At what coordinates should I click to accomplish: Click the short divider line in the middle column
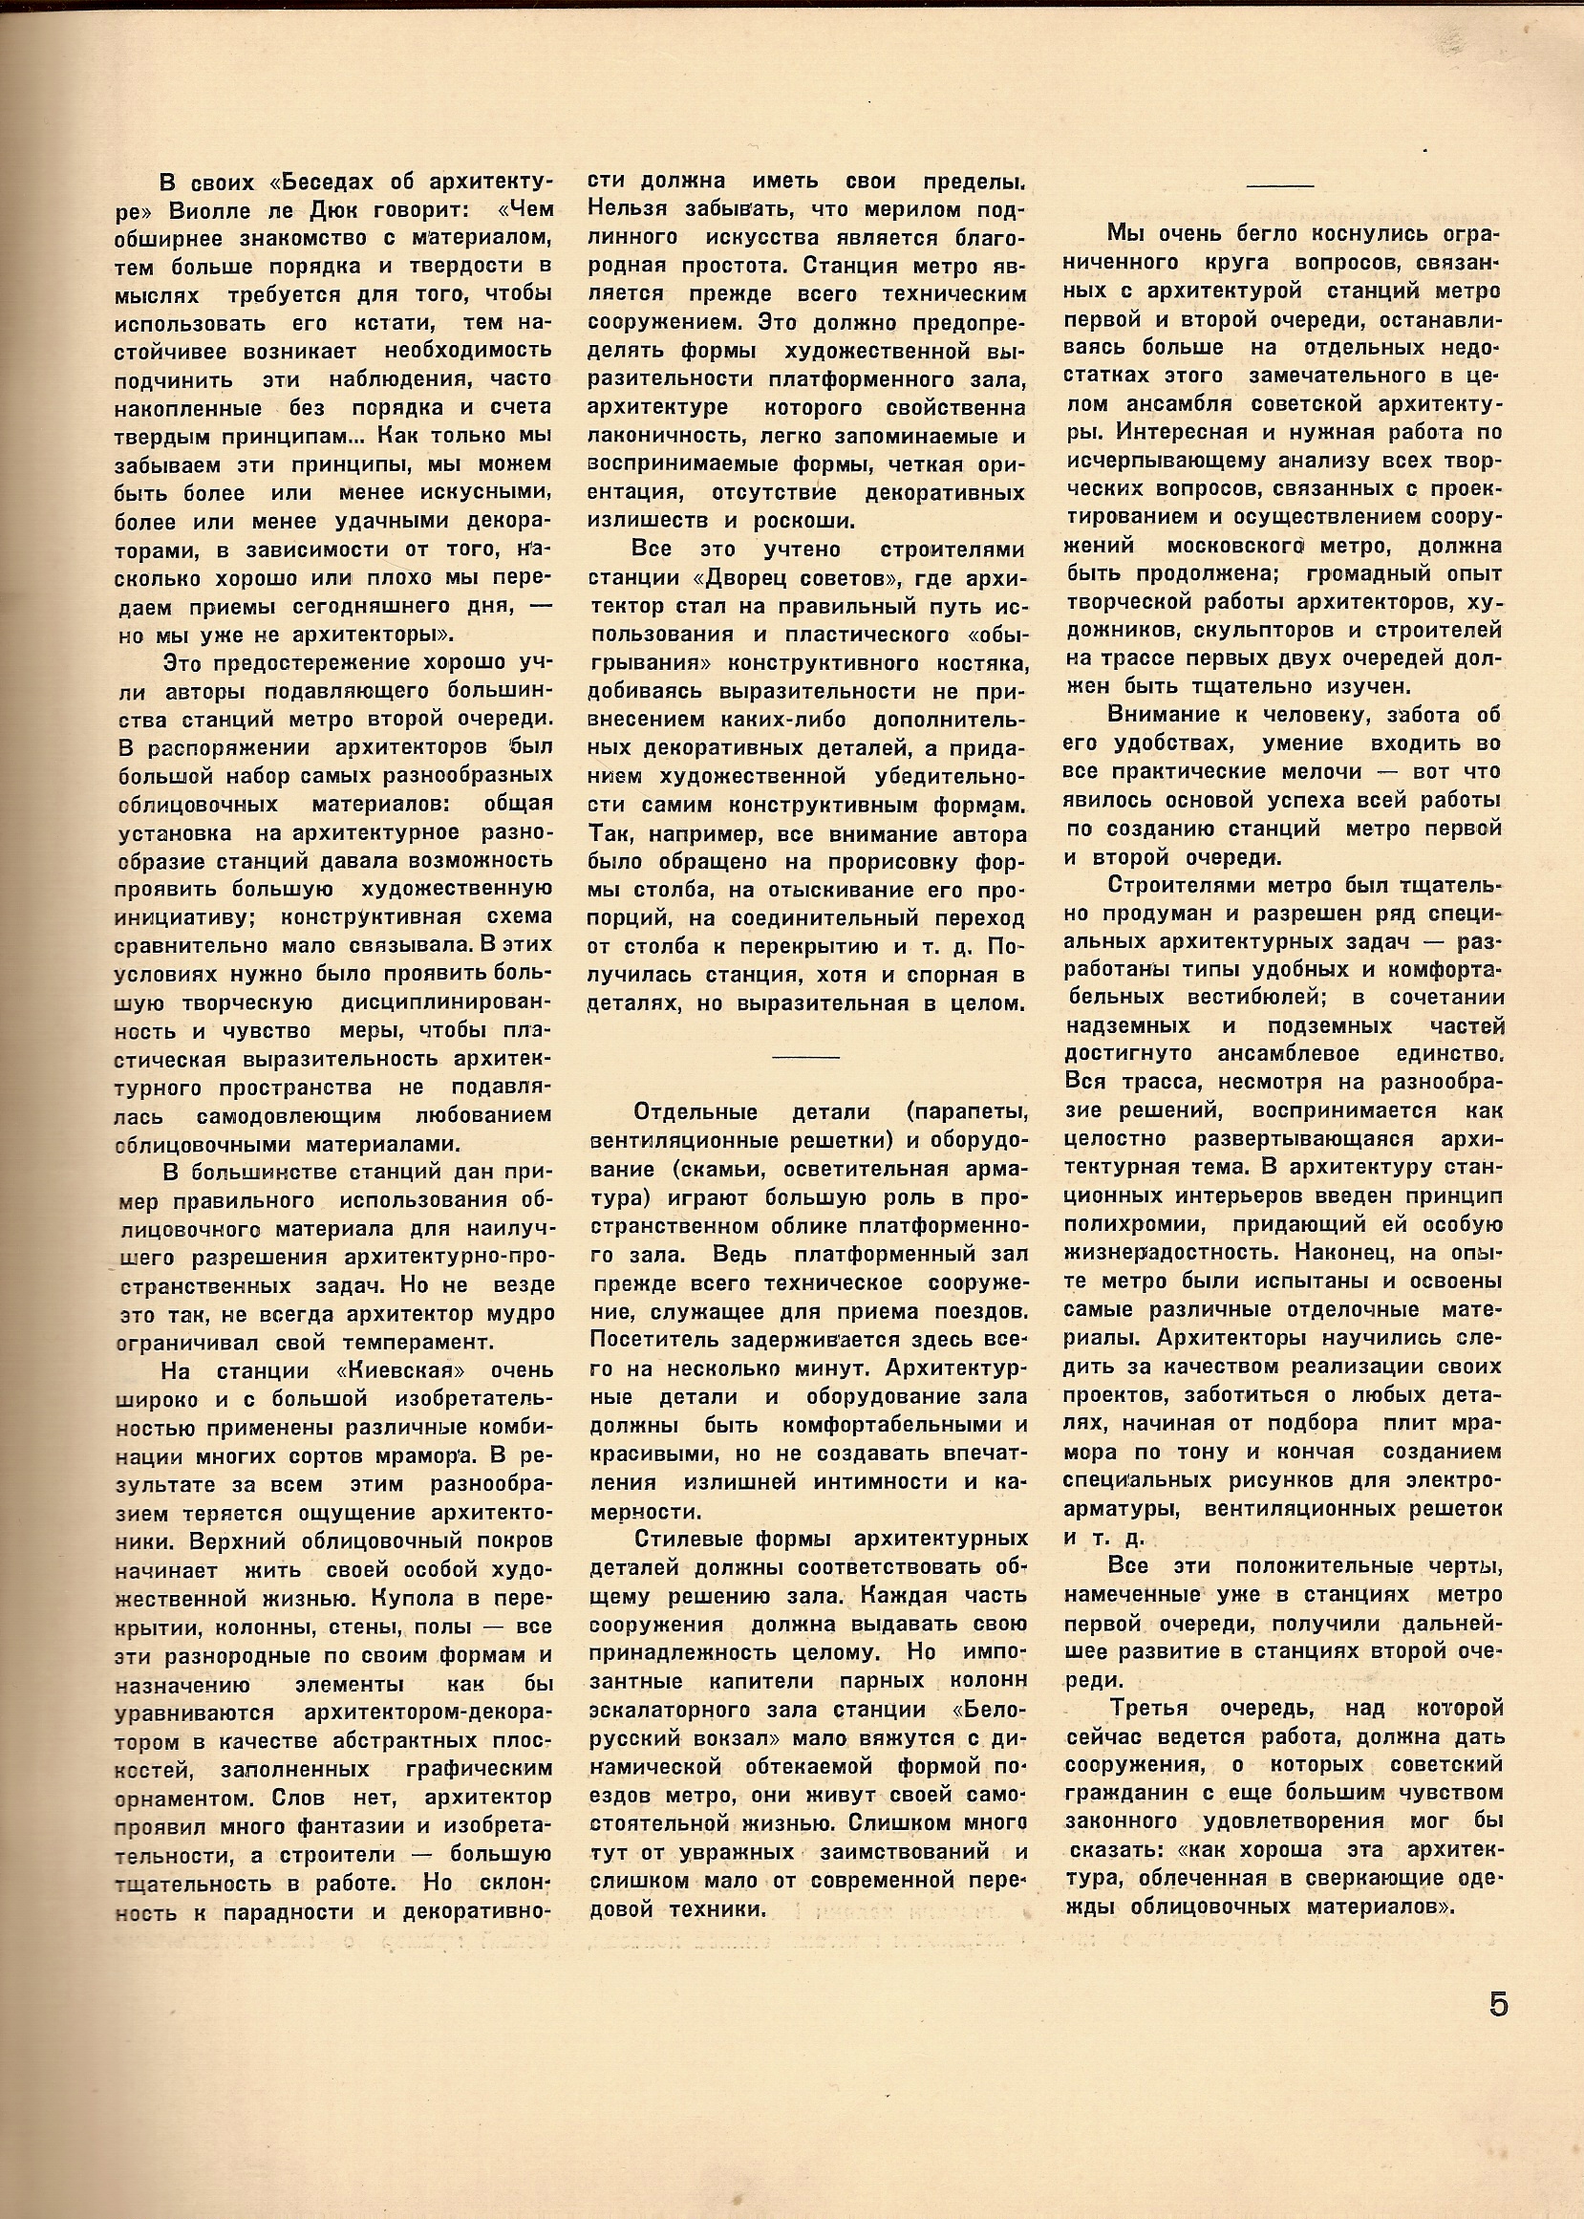click(804, 1056)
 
